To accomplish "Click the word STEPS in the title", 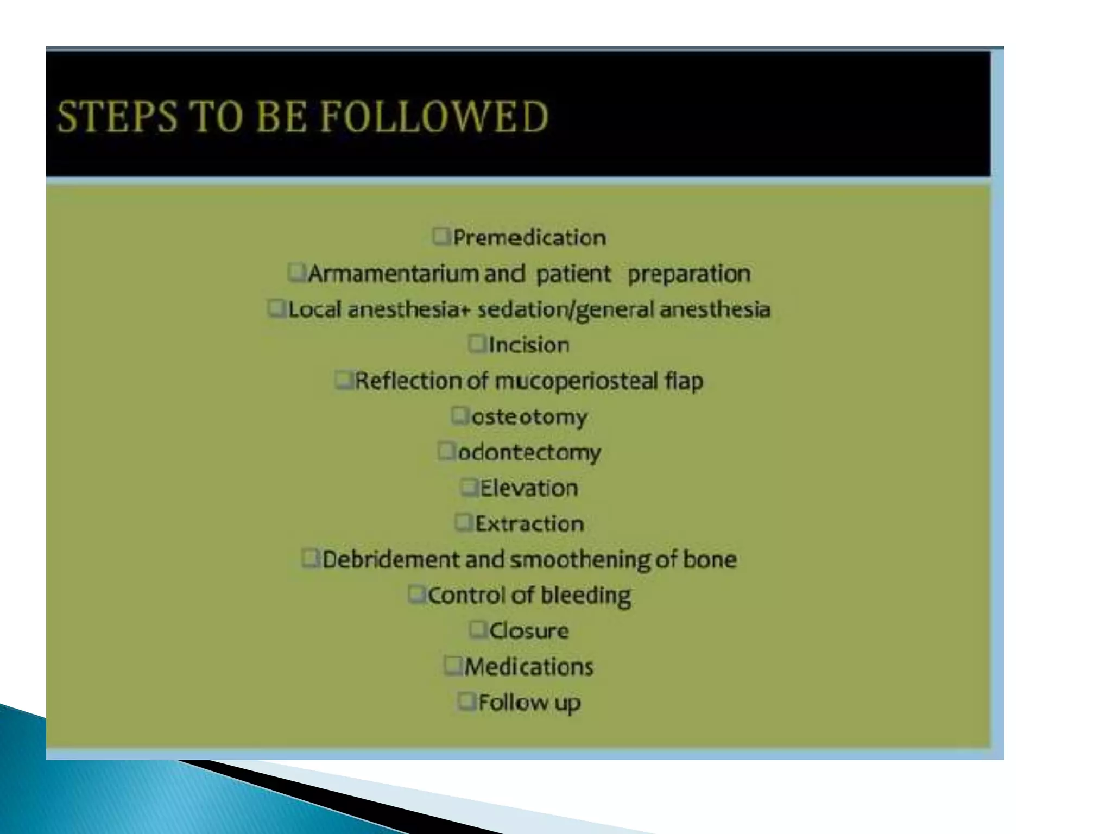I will click(x=117, y=116).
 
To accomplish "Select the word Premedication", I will click(x=529, y=238).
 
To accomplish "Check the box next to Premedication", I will click(x=441, y=236).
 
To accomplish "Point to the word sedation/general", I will click(x=565, y=309).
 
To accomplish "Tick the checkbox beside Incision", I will click(x=477, y=344).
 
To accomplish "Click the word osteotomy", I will click(x=529, y=417).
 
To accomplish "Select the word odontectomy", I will click(x=529, y=452).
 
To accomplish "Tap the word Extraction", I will click(x=529, y=524).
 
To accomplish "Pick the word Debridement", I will click(x=390, y=559).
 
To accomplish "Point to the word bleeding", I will click(x=586, y=596).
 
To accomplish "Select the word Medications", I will click(x=529, y=667).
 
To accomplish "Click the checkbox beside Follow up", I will click(x=466, y=701).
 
